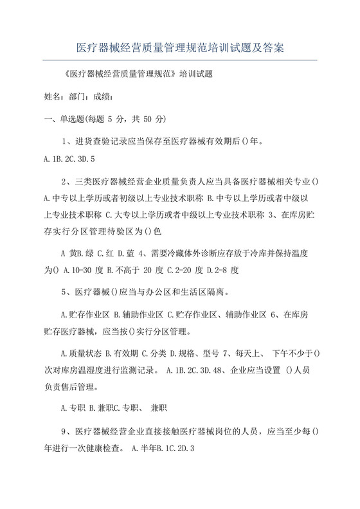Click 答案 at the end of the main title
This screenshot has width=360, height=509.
(273, 48)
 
